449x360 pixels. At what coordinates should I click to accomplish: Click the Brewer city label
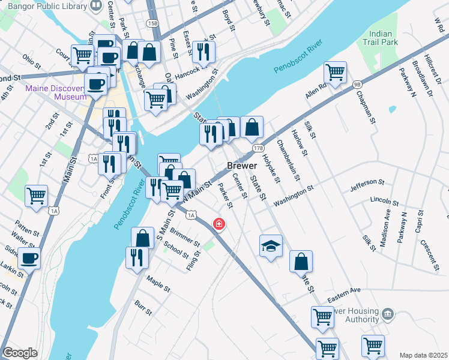[242, 166]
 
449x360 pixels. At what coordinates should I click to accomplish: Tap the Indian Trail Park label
[381, 38]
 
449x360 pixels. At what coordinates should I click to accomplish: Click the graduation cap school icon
[271, 245]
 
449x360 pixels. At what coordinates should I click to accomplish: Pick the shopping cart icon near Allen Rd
[335, 73]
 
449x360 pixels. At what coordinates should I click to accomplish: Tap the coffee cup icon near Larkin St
[29, 259]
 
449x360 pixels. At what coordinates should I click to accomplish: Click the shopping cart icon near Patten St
[37, 195]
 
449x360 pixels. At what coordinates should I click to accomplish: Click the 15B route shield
[153, 23]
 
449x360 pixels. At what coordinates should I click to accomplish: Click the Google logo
[20, 353]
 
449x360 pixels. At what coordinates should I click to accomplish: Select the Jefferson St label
[367, 182]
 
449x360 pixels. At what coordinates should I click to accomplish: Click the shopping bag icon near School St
[142, 238]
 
